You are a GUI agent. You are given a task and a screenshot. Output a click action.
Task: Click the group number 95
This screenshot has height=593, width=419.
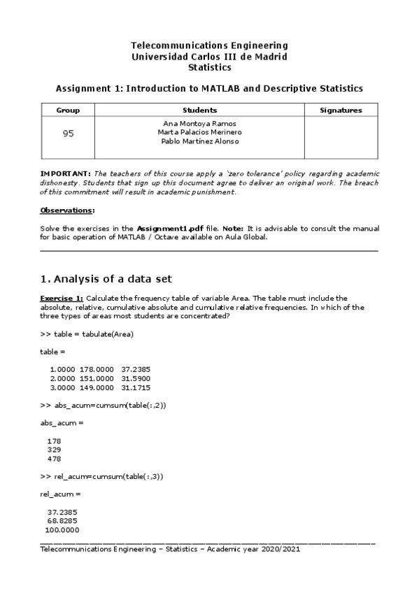pos(68,134)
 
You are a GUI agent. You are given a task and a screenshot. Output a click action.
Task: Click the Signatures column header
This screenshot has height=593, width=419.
pos(341,110)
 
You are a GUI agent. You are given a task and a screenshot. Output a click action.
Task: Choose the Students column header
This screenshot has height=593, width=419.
pos(199,110)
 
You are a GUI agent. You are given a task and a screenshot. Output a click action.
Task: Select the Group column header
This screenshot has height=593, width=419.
pos(68,110)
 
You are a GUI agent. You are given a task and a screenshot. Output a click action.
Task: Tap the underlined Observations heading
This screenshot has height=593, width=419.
pos(66,210)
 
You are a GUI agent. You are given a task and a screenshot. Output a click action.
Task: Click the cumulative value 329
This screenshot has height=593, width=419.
pos(54,450)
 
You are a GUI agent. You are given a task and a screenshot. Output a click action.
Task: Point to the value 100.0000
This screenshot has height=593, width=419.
pos(62,530)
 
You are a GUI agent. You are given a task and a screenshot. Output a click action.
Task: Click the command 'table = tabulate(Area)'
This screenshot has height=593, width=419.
pos(93,334)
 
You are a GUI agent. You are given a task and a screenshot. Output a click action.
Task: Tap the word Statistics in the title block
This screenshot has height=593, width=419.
pos(210,68)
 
